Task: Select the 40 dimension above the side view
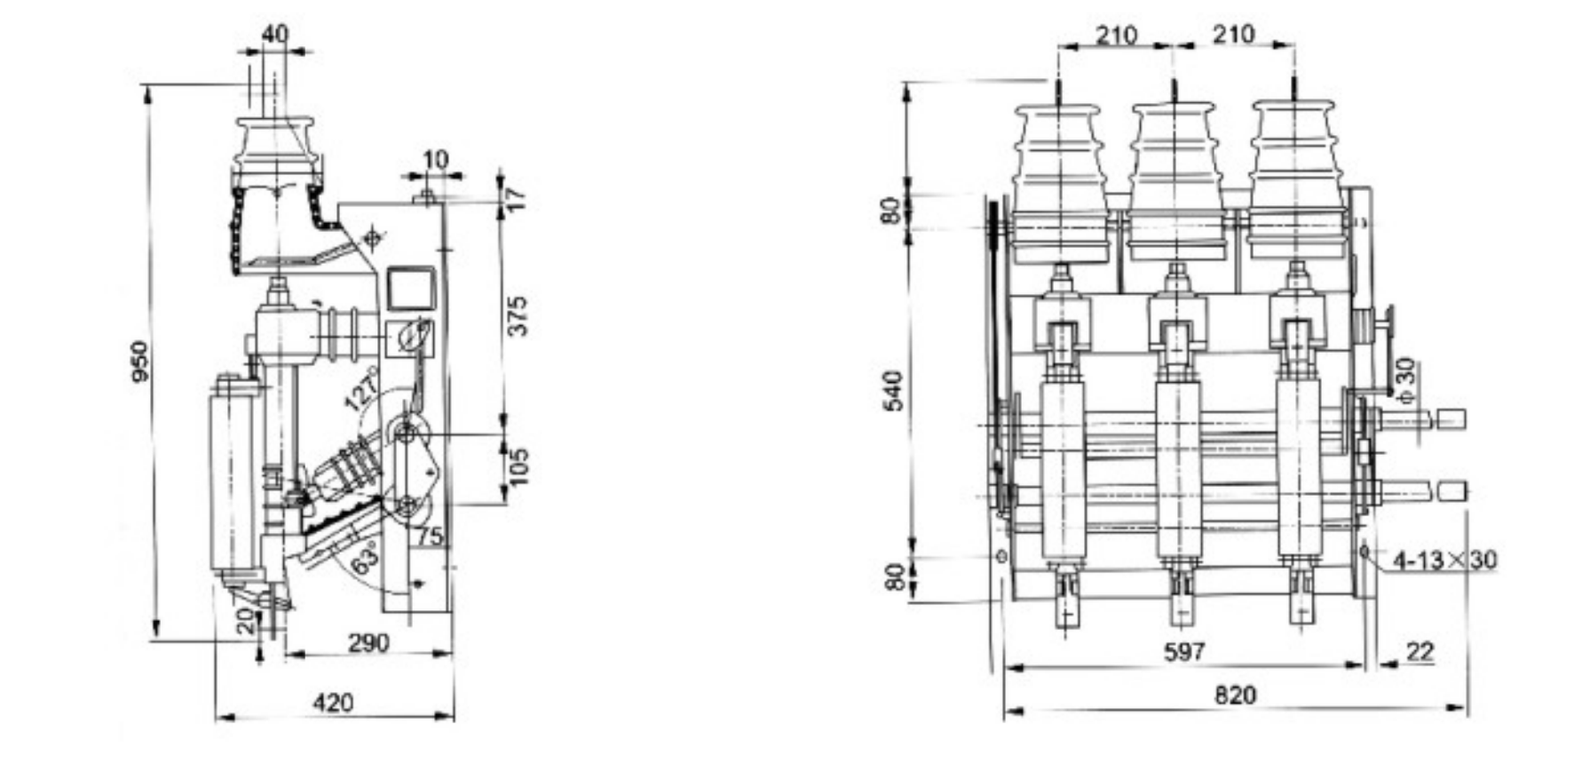(x=275, y=34)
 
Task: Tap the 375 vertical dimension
(x=518, y=315)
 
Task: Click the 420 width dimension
(x=333, y=703)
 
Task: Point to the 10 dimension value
(x=435, y=160)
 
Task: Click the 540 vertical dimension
(x=895, y=391)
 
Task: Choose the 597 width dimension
(x=1184, y=651)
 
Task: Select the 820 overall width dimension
(x=1235, y=695)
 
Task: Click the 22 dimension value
(x=1420, y=651)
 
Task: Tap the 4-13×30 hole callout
(x=1444, y=560)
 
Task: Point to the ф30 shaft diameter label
(x=1405, y=380)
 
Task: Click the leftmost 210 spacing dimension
(x=1116, y=35)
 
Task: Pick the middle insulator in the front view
(x=1175, y=182)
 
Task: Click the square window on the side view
(x=411, y=287)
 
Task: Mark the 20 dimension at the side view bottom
(x=246, y=620)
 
